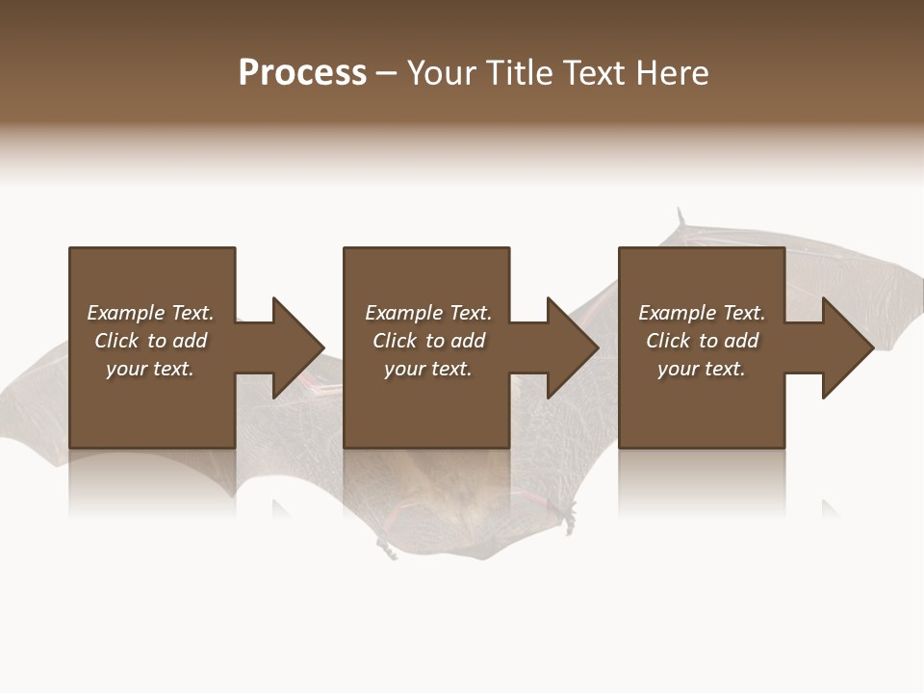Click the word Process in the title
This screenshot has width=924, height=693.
pos(302,73)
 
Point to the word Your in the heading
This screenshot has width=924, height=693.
pos(443,73)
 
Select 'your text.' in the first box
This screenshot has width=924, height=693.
pos(150,369)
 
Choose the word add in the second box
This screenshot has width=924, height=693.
pos(468,341)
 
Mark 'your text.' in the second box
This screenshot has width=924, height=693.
pos(428,369)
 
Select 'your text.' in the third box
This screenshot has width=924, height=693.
pos(702,369)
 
